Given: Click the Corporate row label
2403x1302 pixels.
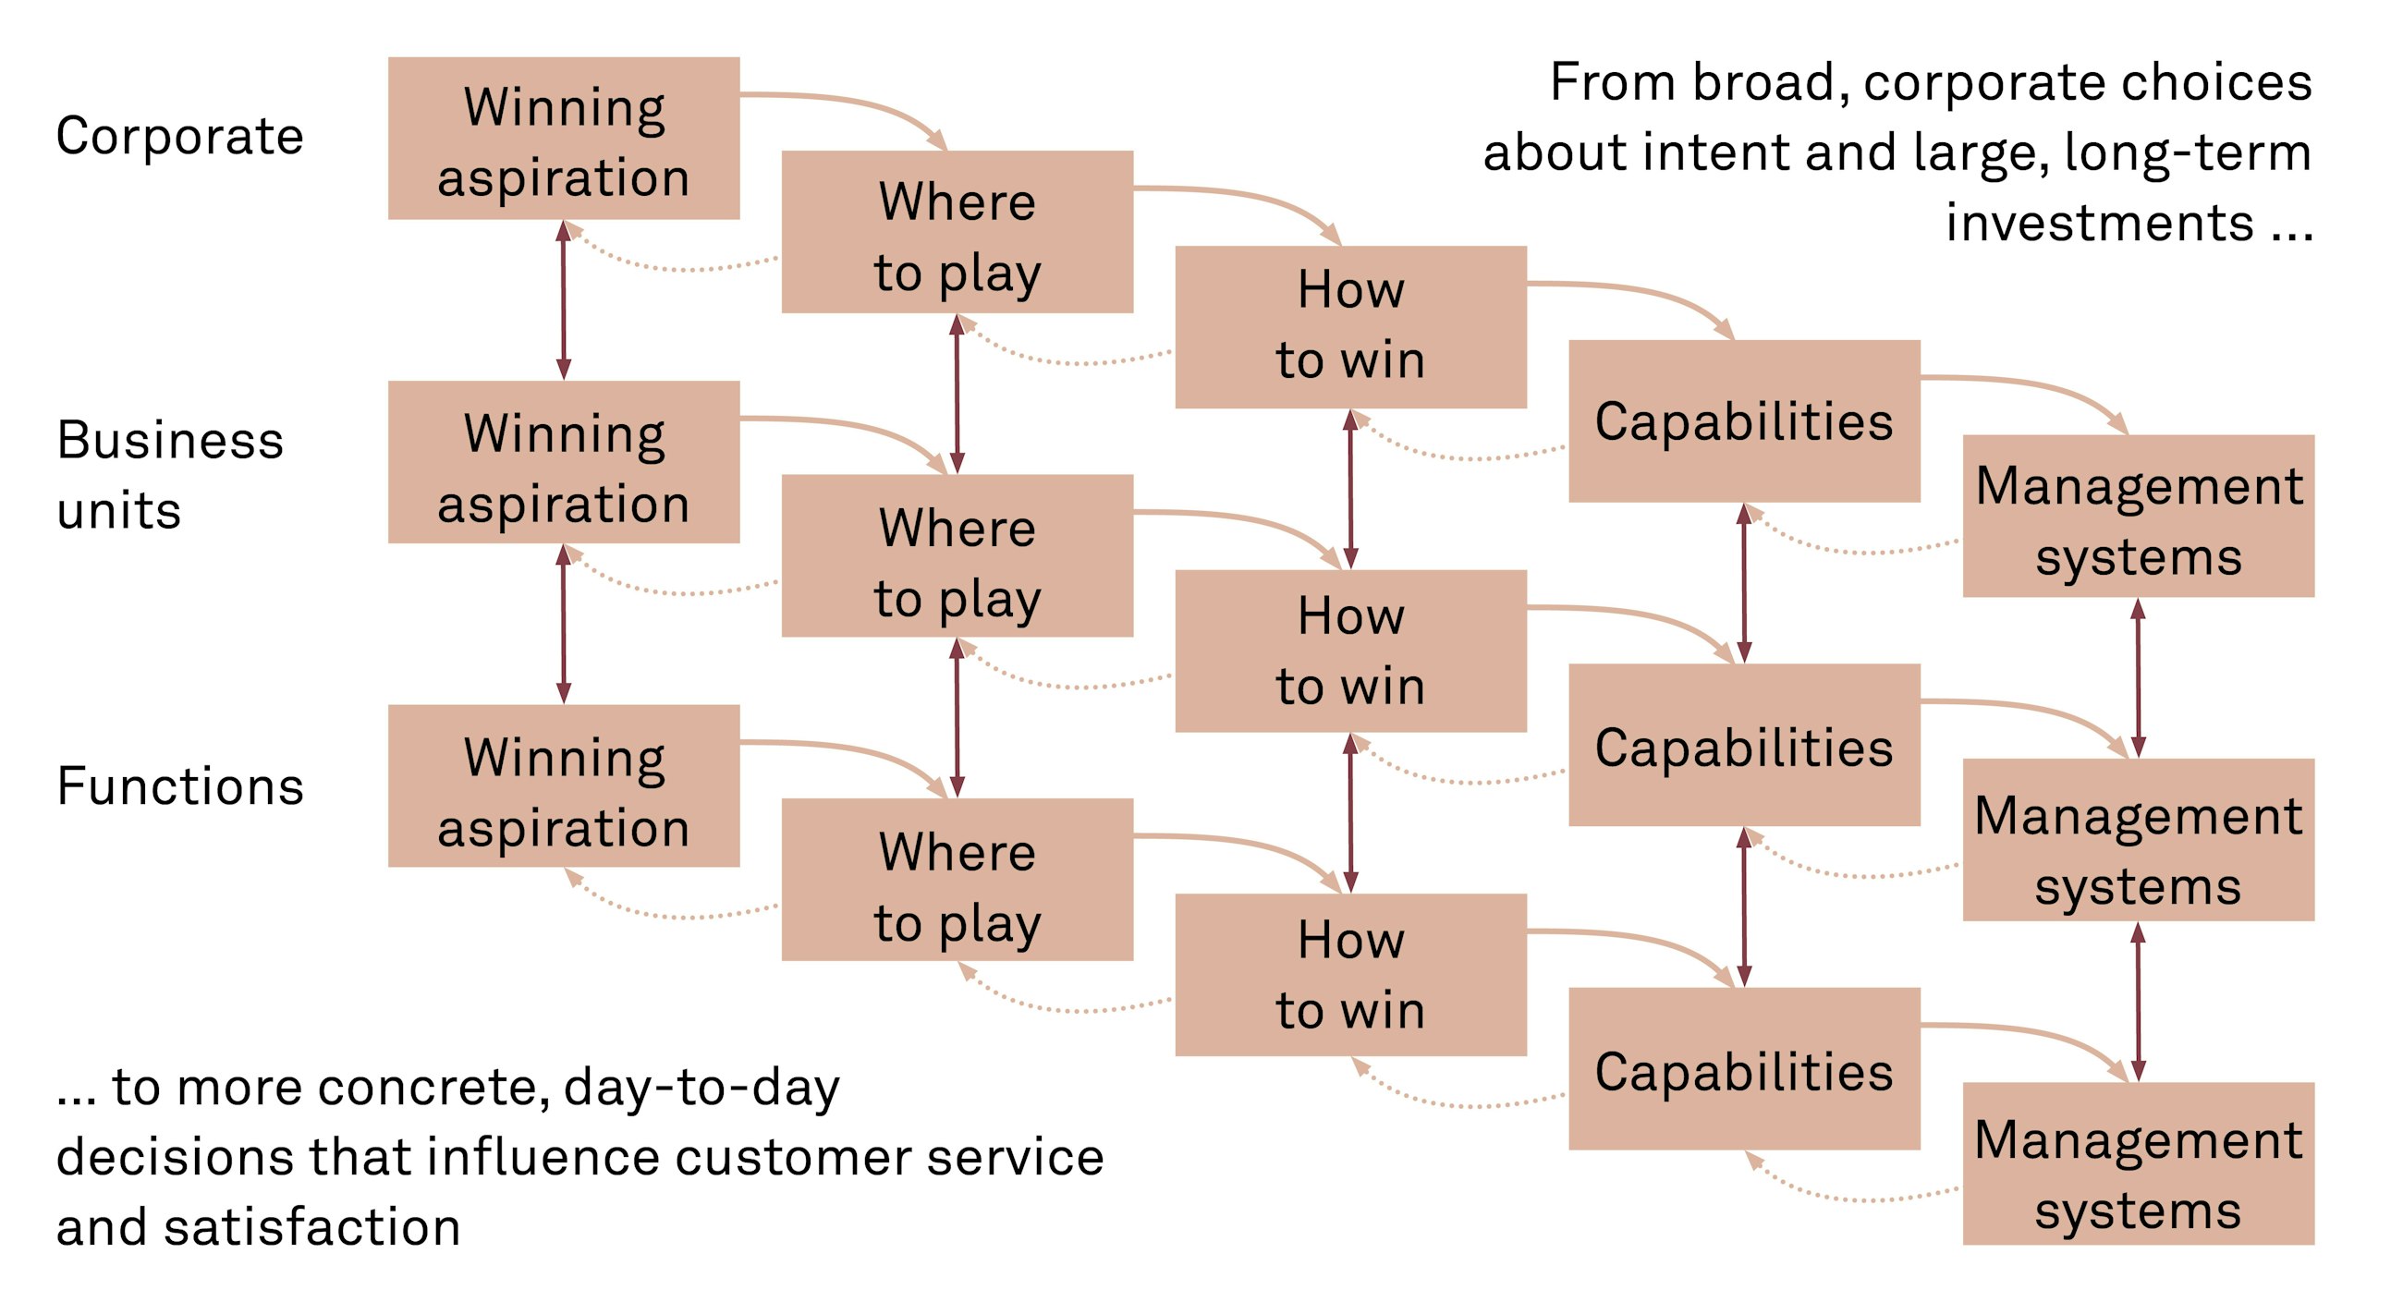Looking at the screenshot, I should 180,136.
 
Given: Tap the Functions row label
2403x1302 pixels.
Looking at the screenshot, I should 180,786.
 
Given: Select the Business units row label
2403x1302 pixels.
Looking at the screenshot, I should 170,475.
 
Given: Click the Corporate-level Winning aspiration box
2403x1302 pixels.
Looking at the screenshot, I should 564,139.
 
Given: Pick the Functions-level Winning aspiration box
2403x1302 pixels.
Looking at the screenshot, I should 564,786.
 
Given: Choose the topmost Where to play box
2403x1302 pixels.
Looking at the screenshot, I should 958,232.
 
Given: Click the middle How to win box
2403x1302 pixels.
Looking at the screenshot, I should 1350,651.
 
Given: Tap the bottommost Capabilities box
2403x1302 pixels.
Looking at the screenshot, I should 1743,1069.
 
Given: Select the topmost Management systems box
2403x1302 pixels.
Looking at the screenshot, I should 2138,516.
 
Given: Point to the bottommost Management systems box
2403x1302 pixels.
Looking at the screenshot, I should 2138,1164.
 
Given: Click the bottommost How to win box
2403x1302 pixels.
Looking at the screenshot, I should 1350,975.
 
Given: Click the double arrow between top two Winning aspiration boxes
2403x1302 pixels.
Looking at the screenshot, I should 564,299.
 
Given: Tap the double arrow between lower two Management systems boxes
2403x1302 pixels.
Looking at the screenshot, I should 2138,1002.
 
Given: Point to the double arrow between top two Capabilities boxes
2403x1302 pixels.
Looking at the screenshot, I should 1743,583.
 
